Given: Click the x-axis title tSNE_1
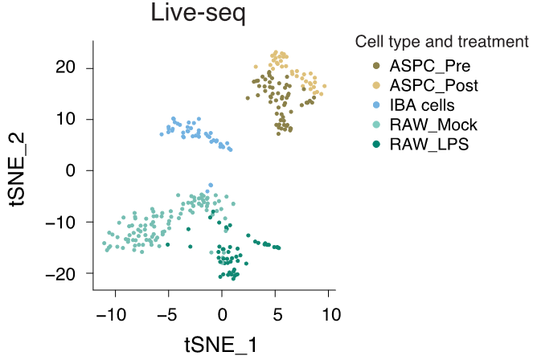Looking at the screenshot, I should point(221,345).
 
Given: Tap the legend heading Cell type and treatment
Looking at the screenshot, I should point(441,41).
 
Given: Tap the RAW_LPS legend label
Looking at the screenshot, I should point(429,145).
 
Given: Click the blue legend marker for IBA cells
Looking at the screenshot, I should point(376,105).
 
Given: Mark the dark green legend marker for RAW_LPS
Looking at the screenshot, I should point(376,145).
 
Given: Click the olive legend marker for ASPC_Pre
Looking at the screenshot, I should point(376,65).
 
